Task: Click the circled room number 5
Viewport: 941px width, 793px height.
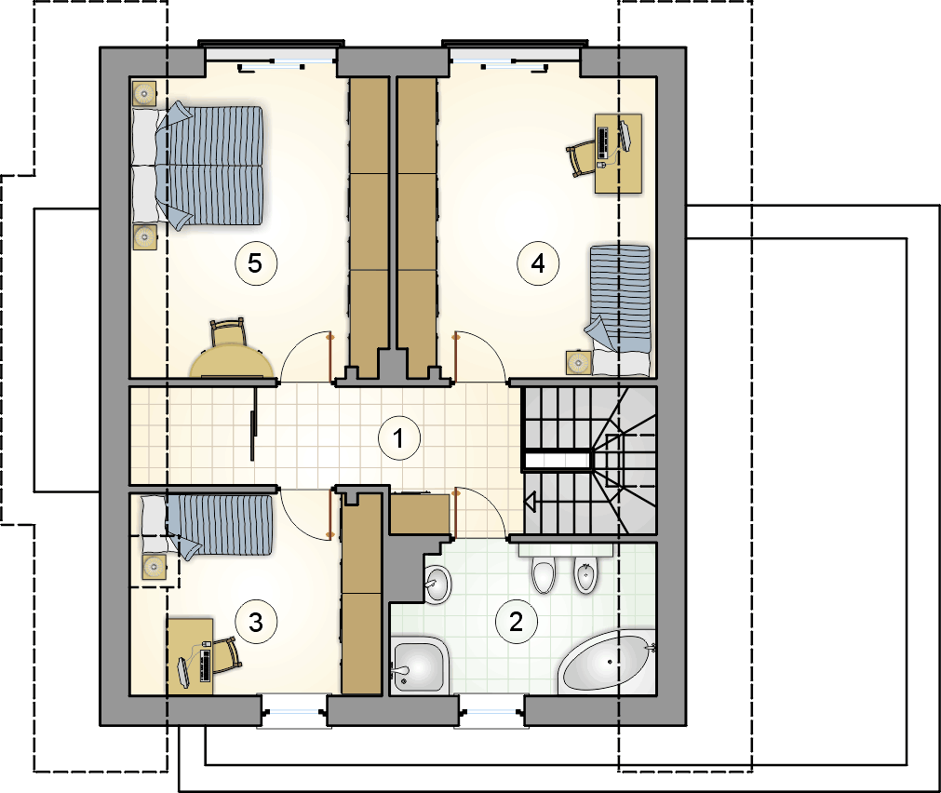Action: pyautogui.click(x=256, y=262)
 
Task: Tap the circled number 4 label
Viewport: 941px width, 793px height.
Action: pyautogui.click(x=538, y=262)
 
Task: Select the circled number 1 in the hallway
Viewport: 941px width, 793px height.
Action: pyautogui.click(x=399, y=438)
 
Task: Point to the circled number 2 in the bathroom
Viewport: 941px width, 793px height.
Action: pyautogui.click(x=517, y=622)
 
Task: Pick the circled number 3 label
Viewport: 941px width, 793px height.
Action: pyautogui.click(x=256, y=623)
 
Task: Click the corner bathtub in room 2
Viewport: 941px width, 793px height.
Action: pyautogui.click(x=607, y=662)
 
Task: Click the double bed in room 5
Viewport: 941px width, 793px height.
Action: pyautogui.click(x=197, y=167)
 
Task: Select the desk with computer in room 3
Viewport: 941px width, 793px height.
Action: pyautogui.click(x=190, y=656)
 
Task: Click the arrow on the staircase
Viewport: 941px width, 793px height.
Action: pyautogui.click(x=530, y=502)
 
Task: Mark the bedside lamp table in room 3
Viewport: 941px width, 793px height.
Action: pyautogui.click(x=155, y=566)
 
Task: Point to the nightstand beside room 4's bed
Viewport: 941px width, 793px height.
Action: pyautogui.click(x=579, y=362)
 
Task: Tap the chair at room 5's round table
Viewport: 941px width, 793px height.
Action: pyautogui.click(x=228, y=332)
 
